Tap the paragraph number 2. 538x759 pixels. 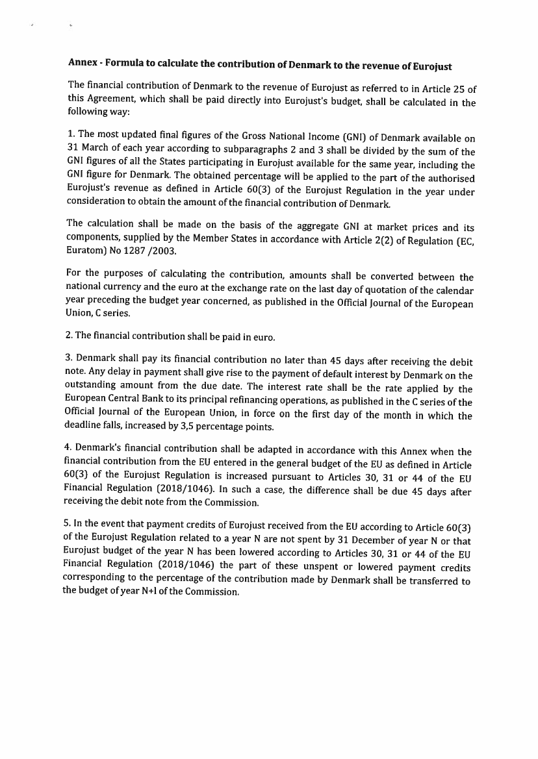click(x=70, y=337)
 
